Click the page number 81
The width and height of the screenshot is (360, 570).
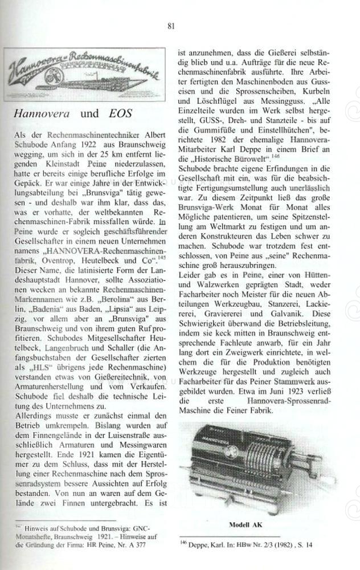(171, 26)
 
